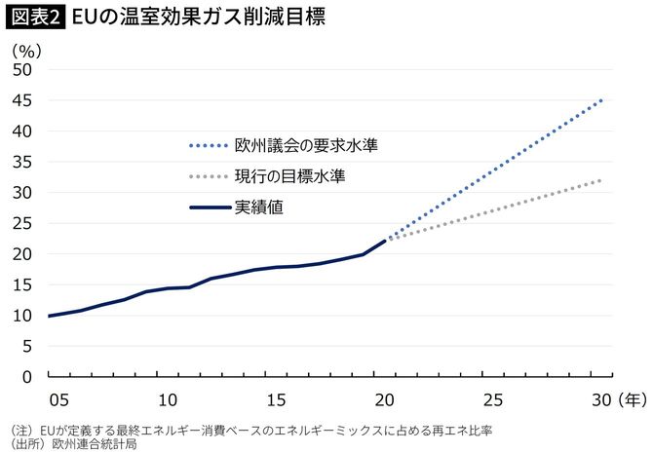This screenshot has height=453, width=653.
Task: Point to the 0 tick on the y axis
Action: tap(27, 376)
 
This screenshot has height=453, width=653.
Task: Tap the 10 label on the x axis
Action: tap(167, 398)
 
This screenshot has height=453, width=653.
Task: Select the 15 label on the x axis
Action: tap(276, 398)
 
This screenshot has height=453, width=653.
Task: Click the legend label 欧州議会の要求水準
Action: tap(306, 146)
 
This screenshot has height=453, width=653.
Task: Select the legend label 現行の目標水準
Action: tap(289, 176)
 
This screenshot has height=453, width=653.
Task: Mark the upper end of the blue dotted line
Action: tap(600, 100)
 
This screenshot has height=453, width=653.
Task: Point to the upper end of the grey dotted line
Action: tap(600, 180)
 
